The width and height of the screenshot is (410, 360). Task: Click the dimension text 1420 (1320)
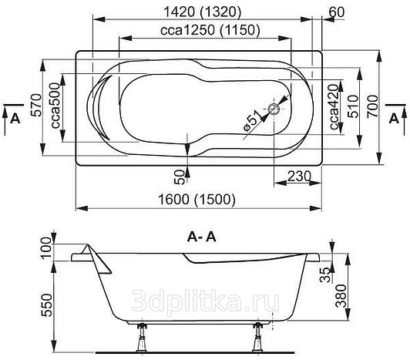(202, 12)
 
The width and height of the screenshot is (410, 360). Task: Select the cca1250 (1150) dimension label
(210, 30)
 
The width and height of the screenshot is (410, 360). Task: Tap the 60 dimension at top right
(337, 12)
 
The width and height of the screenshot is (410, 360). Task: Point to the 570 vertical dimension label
(37, 105)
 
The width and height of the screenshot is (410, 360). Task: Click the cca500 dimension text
(55, 106)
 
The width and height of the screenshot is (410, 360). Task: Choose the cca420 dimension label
(334, 107)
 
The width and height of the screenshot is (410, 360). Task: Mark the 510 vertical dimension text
(352, 106)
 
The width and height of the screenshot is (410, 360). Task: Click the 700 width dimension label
(372, 106)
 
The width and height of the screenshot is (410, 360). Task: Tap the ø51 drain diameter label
(253, 120)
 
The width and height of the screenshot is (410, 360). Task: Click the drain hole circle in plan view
(274, 109)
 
